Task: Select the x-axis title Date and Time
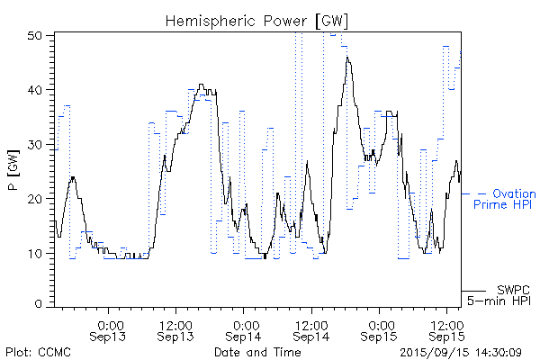[256, 352]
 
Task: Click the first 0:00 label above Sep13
[109, 324]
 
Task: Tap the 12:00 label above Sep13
[175, 324]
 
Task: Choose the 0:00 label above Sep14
[244, 324]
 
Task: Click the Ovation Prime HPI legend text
[504, 199]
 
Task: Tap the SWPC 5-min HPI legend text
[505, 294]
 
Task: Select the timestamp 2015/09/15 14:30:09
[461, 352]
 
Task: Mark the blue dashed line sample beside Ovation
[474, 193]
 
